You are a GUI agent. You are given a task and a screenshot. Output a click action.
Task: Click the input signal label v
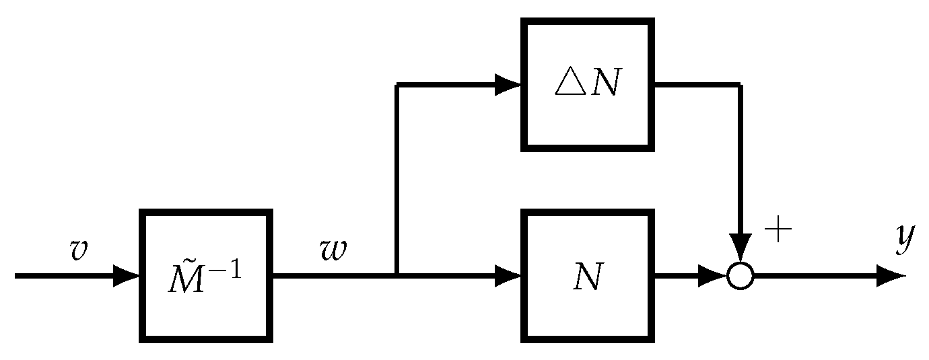tap(79, 250)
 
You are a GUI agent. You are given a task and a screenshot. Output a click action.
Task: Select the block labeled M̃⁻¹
tap(206, 276)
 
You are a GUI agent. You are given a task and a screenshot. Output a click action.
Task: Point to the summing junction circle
tap(741, 276)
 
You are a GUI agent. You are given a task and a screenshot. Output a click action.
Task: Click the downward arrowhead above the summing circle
tap(741, 248)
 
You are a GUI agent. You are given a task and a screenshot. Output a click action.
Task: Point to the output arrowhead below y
tap(892, 276)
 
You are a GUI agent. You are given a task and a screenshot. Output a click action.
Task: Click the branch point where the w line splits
tap(398, 275)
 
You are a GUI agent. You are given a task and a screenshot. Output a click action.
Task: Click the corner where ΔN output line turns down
tap(741, 85)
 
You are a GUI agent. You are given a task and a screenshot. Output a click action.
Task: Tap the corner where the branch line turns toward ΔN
tap(398, 85)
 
